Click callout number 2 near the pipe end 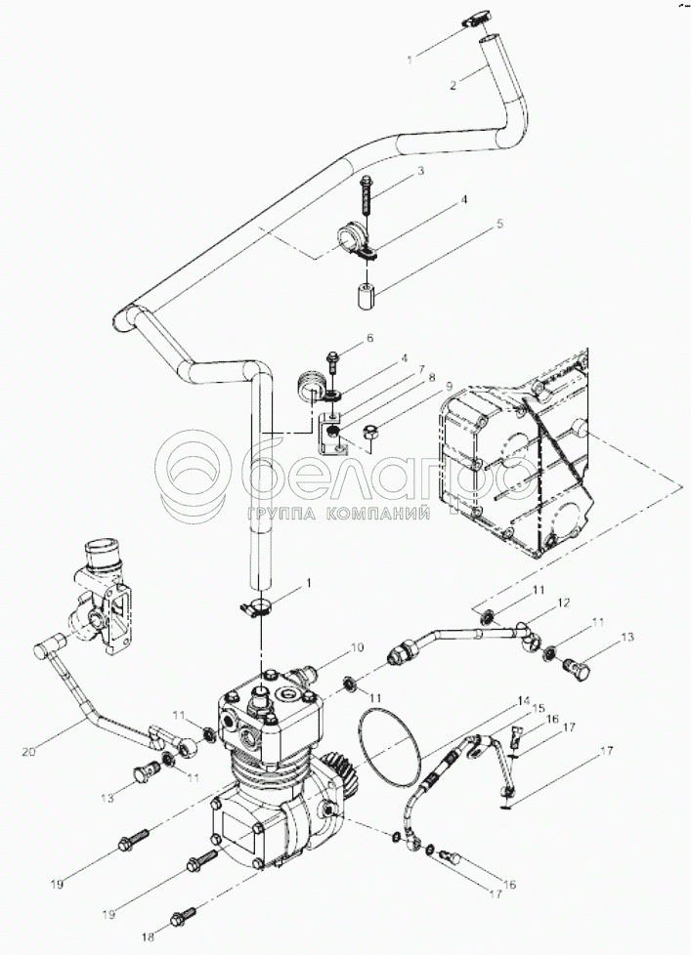click(453, 85)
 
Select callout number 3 click(420, 172)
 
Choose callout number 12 click(564, 604)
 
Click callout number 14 click(524, 701)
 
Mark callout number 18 click(147, 936)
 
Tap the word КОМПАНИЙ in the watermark click(375, 514)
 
